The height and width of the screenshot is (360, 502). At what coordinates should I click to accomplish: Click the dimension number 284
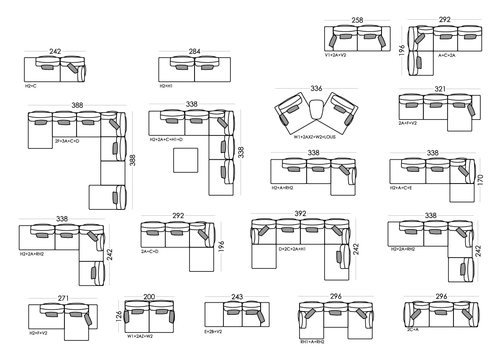coord(195,52)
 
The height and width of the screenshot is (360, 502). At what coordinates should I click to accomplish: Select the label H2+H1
coord(166,86)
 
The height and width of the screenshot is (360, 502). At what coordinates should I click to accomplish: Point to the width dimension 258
coord(357,20)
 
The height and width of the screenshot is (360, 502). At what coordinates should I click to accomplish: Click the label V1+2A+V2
coord(336,55)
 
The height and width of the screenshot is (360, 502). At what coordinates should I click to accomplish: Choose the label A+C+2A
coord(447,55)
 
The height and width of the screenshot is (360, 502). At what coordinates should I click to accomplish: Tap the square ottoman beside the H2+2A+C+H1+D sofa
coord(185,160)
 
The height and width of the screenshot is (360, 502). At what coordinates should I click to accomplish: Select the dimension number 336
coord(316,89)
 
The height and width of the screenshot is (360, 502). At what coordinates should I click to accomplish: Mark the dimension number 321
coord(440,89)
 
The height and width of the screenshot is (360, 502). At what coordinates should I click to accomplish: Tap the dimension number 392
coord(300,214)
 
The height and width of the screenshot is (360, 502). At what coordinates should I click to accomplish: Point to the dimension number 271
coord(64,299)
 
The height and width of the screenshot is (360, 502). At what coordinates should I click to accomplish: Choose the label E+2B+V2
coord(213,332)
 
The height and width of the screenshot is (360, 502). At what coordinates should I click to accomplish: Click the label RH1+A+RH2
coord(312,342)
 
